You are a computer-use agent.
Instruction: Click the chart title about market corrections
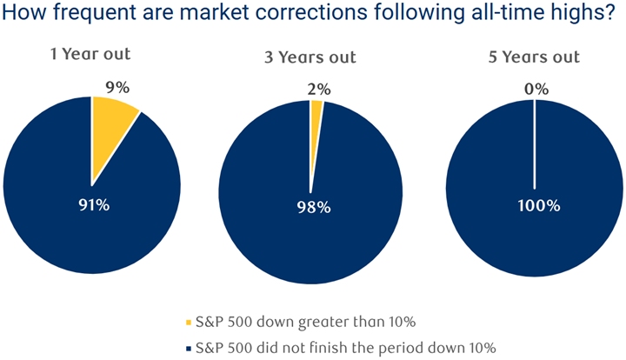click(x=312, y=16)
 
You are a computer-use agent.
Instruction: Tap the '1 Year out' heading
click(x=91, y=54)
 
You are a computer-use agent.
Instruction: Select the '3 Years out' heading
click(x=310, y=57)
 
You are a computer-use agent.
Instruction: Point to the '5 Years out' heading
click(x=535, y=57)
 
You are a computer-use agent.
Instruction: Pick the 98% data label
click(x=311, y=208)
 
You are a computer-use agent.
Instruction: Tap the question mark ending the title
click(x=617, y=16)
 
